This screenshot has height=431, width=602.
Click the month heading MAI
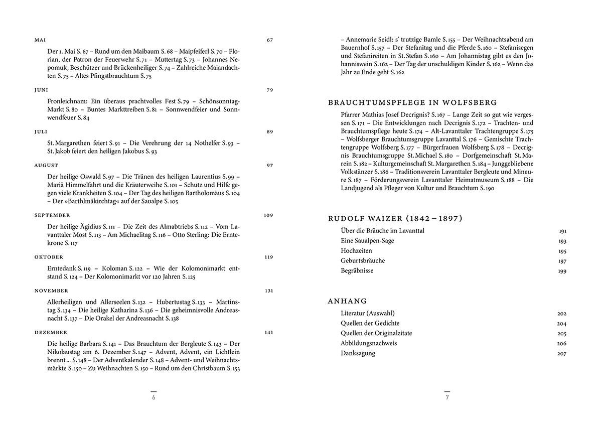[39, 40]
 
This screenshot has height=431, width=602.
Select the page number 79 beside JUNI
[269, 90]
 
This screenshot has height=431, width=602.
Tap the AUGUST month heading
[46, 165]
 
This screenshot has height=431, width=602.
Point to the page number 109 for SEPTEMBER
[268, 215]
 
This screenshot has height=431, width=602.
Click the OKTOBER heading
[48, 257]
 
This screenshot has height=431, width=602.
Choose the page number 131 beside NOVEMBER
[268, 291]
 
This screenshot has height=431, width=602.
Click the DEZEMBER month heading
[50, 332]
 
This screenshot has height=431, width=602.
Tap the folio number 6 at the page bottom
[154, 398]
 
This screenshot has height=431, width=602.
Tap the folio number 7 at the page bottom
[447, 398]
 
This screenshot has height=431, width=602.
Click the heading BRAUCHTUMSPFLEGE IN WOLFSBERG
[412, 102]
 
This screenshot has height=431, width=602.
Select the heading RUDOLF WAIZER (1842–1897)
[395, 219]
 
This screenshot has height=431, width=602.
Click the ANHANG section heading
[347, 301]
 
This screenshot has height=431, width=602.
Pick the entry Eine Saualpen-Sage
[367, 241]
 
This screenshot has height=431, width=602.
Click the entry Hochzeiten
[356, 251]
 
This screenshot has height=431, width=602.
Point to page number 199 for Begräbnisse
[562, 271]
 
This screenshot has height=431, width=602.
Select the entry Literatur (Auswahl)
[369, 313]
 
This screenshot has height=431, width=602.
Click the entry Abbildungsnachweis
[369, 343]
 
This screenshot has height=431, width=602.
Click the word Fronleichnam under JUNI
[68, 100]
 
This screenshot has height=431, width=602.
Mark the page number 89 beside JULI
[269, 131]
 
